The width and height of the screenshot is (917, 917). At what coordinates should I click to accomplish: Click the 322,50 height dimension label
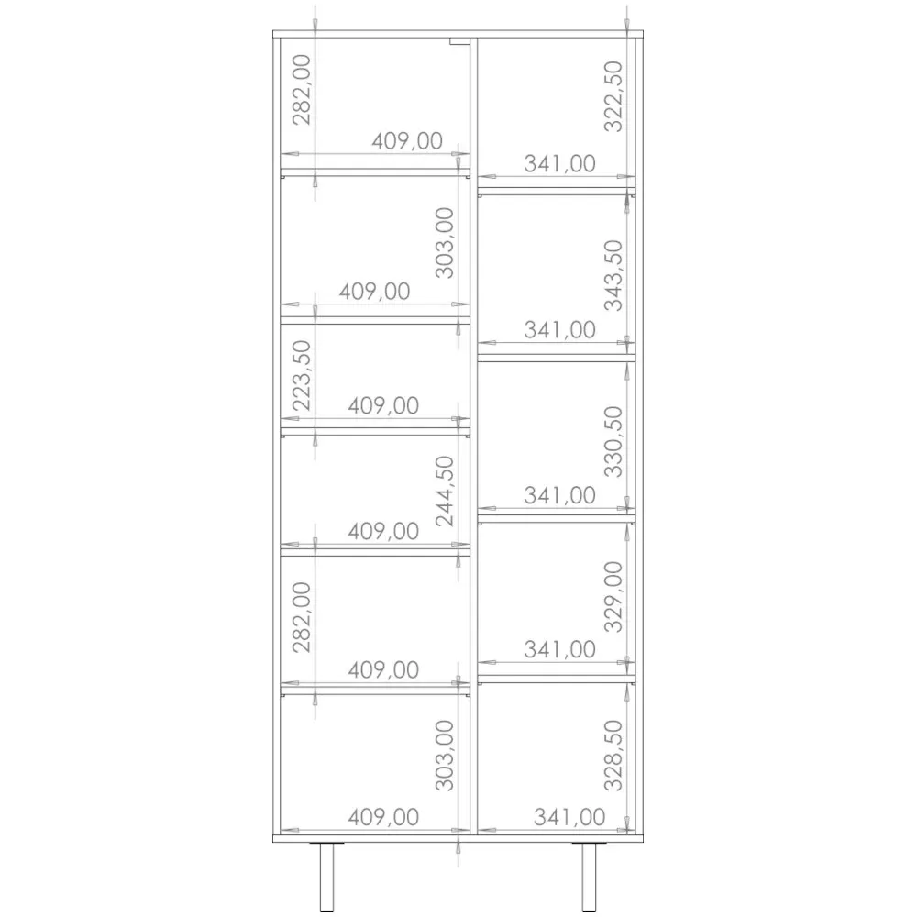tap(613, 97)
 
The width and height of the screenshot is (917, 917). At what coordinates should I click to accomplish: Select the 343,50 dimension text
tap(613, 275)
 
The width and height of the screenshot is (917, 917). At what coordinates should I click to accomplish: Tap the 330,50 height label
tap(613, 442)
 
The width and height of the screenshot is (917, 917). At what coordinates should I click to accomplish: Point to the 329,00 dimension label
tap(613, 597)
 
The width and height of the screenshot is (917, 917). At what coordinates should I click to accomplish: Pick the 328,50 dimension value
tap(613, 756)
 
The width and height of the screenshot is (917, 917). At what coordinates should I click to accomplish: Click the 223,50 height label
tap(302, 376)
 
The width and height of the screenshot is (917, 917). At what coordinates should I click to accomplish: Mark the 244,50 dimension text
tap(445, 492)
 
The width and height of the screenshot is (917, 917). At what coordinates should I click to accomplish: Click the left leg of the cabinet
tap(326, 876)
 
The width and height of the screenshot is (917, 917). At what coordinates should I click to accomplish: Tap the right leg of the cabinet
tap(589, 876)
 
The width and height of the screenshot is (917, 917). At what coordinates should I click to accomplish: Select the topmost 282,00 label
tap(302, 90)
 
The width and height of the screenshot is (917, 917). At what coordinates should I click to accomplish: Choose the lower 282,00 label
tap(302, 617)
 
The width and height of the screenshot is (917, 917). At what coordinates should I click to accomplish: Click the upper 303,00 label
tap(445, 243)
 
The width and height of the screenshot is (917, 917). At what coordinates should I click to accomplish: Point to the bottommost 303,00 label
tap(445, 756)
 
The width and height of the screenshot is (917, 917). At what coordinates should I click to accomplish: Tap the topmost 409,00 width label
tap(407, 141)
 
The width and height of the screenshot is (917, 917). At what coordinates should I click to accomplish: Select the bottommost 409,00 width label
tap(383, 817)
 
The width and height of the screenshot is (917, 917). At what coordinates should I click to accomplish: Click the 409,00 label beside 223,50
tap(383, 406)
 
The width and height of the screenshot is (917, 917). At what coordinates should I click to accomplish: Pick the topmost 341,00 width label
tap(559, 164)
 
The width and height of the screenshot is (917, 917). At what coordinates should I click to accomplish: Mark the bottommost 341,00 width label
tap(569, 817)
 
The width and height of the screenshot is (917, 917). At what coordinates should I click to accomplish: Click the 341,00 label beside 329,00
tap(559, 649)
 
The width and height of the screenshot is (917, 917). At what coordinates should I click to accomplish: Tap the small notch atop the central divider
tap(459, 41)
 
